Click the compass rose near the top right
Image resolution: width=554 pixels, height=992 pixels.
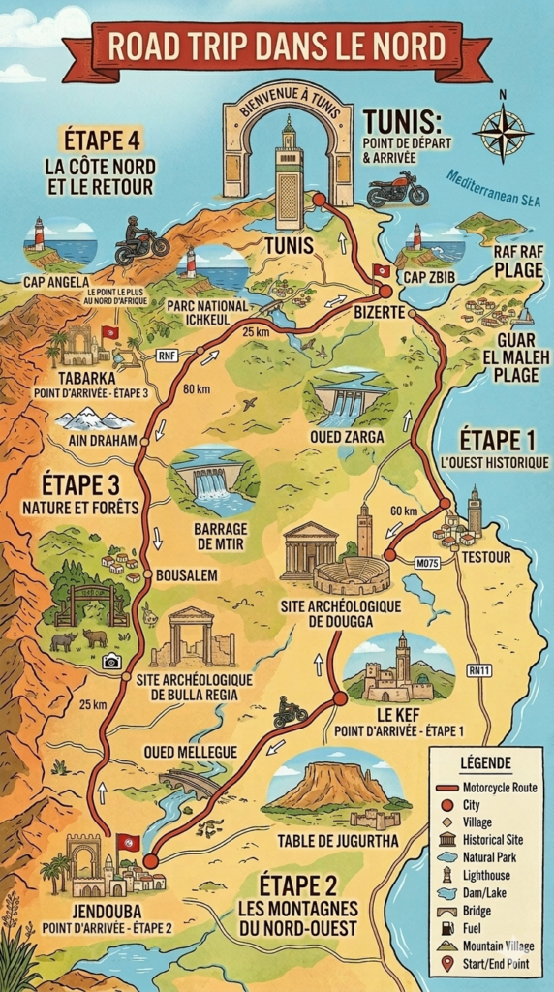coord(501,130)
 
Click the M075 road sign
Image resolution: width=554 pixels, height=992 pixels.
coord(427,561)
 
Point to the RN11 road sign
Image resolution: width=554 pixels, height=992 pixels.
coord(478,669)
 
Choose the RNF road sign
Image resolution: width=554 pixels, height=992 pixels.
coord(167,356)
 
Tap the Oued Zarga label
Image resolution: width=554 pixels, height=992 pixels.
coord(347,437)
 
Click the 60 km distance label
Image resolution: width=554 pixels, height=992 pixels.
coord(405,511)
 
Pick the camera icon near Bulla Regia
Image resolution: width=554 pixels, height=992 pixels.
coord(111,661)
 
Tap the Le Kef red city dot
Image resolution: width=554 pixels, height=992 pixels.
coord(340,697)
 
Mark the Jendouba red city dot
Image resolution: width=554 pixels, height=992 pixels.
coord(150,860)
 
